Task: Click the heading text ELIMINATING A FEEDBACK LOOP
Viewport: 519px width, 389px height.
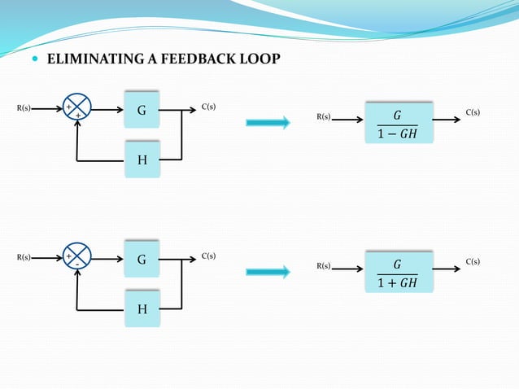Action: point(164,59)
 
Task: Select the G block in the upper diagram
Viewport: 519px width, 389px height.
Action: point(142,109)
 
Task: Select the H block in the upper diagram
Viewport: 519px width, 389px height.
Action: point(142,160)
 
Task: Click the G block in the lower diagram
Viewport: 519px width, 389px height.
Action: point(142,260)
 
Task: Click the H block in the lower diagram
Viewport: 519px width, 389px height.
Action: point(142,309)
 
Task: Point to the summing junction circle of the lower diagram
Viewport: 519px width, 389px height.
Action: point(77,258)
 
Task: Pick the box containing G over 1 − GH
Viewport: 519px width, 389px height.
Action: point(399,124)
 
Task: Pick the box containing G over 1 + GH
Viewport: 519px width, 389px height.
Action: point(399,273)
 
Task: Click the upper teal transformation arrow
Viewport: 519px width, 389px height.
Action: point(268,123)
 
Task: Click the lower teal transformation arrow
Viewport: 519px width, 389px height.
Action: point(268,272)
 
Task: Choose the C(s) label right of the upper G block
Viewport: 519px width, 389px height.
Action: point(208,107)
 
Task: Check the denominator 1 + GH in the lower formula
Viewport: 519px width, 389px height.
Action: point(397,283)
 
